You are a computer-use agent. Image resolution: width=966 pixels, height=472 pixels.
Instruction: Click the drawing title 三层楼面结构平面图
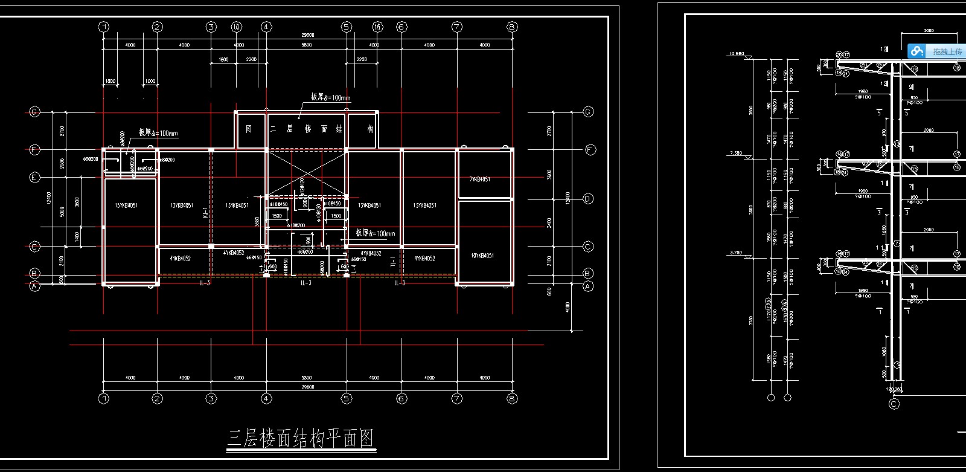(301, 438)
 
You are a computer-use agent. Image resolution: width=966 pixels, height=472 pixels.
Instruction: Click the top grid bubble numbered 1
(104, 27)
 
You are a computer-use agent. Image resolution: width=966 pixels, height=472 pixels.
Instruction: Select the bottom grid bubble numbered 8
(512, 398)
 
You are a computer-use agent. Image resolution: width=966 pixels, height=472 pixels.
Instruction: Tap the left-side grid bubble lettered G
(34, 112)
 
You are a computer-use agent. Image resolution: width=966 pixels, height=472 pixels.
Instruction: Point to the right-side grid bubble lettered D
(588, 199)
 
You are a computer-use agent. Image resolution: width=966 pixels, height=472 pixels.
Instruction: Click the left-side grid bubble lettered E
(34, 177)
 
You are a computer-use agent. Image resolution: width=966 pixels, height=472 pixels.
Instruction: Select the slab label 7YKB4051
(480, 179)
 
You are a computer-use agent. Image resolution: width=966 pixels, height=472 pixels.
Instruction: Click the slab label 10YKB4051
(482, 256)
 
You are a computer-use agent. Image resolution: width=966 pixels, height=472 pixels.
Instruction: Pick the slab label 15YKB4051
(126, 205)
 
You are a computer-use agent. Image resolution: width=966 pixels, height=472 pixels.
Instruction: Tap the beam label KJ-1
(205, 212)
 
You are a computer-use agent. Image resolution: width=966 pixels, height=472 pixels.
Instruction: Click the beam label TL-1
(393, 260)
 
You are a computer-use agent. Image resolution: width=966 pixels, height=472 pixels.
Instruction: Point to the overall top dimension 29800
(308, 35)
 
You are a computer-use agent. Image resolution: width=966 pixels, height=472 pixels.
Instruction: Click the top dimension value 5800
(307, 45)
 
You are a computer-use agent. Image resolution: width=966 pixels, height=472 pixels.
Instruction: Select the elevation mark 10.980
(736, 54)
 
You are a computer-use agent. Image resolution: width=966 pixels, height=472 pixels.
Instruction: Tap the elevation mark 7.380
(736, 153)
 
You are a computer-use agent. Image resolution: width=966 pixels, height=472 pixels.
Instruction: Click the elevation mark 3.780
(736, 253)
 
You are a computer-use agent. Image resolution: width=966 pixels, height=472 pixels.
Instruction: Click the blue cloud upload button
(917, 51)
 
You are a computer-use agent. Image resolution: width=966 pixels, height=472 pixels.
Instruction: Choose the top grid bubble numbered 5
(347, 27)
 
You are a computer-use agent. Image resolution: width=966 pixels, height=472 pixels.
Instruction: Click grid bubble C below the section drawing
(894, 404)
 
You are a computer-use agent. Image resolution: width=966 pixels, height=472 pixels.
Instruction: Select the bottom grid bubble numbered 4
(266, 398)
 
